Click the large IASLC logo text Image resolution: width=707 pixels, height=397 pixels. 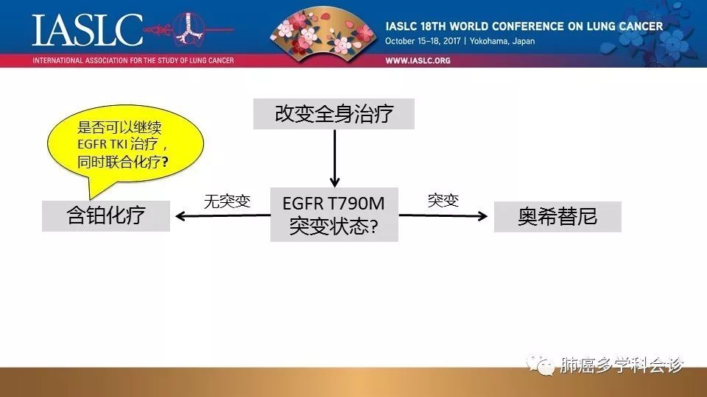88,29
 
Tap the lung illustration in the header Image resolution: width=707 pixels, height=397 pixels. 189,28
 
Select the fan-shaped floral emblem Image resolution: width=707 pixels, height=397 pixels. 323,31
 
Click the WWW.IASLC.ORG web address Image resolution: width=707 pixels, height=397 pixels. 418,60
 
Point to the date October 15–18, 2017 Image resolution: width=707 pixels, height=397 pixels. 423,41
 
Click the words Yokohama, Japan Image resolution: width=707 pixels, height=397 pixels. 502,41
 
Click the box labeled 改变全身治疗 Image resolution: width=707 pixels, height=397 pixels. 334,114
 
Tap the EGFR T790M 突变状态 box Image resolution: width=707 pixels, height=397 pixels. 334,215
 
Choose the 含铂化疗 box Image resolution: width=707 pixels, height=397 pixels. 106,216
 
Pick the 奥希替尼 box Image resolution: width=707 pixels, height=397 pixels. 557,217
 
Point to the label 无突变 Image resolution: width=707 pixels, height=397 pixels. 227,201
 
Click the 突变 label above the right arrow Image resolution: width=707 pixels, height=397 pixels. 443,200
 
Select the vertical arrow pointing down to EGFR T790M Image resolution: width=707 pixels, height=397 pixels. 334,159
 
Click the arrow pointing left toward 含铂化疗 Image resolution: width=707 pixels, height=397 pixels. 222,216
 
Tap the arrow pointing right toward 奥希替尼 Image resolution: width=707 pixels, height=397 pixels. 443,216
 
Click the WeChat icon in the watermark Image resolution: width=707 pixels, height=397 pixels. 541,365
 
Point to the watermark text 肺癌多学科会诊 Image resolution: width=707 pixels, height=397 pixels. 622,365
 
